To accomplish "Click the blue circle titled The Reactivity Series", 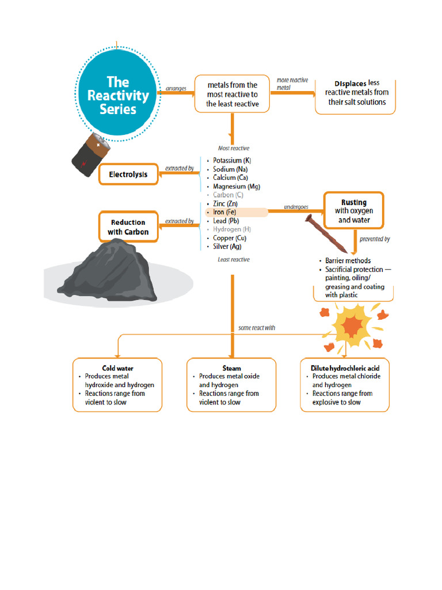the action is point(117,93).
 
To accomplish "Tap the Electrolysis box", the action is point(128,174).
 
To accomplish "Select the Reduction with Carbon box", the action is point(128,226).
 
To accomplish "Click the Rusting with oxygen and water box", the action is point(354,211).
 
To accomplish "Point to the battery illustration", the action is point(91,154).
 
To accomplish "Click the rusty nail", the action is point(326,234).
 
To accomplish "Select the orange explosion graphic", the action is point(352,326).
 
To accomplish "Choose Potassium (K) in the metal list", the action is point(232,160).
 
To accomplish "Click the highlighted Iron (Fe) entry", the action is point(224,212).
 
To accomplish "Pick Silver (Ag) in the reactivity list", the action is point(227,247).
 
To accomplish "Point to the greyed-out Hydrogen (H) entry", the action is point(232,229).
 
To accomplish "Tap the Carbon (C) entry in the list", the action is point(228,195).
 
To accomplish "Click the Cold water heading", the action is point(117,368).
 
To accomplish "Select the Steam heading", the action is point(231,368).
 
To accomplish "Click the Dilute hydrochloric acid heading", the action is point(345,368).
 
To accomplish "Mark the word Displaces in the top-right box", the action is point(350,84).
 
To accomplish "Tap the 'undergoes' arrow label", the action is point(296,207).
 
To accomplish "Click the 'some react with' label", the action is point(257,328).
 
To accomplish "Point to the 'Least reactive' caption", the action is point(234,259).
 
